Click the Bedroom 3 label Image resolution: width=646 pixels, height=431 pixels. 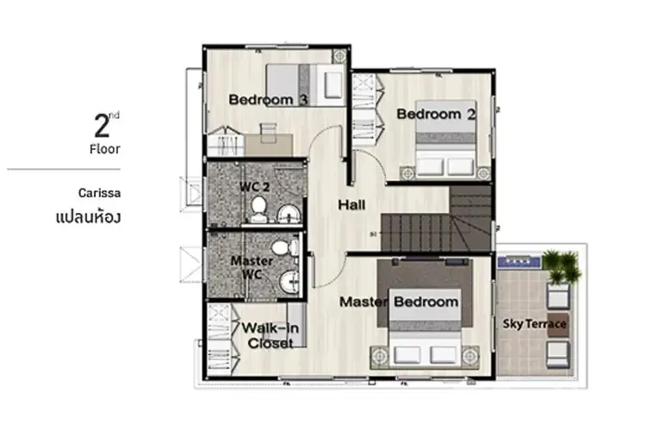(268, 99)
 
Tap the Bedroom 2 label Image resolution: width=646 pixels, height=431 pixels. (436, 114)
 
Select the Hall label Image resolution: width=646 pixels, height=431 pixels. (351, 204)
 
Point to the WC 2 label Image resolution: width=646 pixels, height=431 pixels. (254, 186)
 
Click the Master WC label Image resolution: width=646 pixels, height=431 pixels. (252, 267)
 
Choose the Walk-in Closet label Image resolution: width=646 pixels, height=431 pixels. (270, 335)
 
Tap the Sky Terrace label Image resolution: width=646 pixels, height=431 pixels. (534, 324)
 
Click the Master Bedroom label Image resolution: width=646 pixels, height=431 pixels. (399, 302)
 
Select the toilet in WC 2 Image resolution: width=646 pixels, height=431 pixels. (258, 209)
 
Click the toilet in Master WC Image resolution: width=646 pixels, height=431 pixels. (285, 248)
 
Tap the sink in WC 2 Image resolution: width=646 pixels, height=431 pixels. (289, 214)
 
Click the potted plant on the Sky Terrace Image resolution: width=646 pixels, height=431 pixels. (561, 265)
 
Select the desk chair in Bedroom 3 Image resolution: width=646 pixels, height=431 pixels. (268, 130)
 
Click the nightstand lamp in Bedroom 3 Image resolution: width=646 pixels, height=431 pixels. (339, 55)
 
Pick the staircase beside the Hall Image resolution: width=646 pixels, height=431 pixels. (437, 219)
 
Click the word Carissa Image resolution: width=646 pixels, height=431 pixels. (99, 193)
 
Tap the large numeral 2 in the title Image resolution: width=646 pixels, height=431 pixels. (102, 126)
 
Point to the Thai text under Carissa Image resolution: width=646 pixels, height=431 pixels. (88, 216)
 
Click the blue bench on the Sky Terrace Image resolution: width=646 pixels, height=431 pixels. (519, 261)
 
